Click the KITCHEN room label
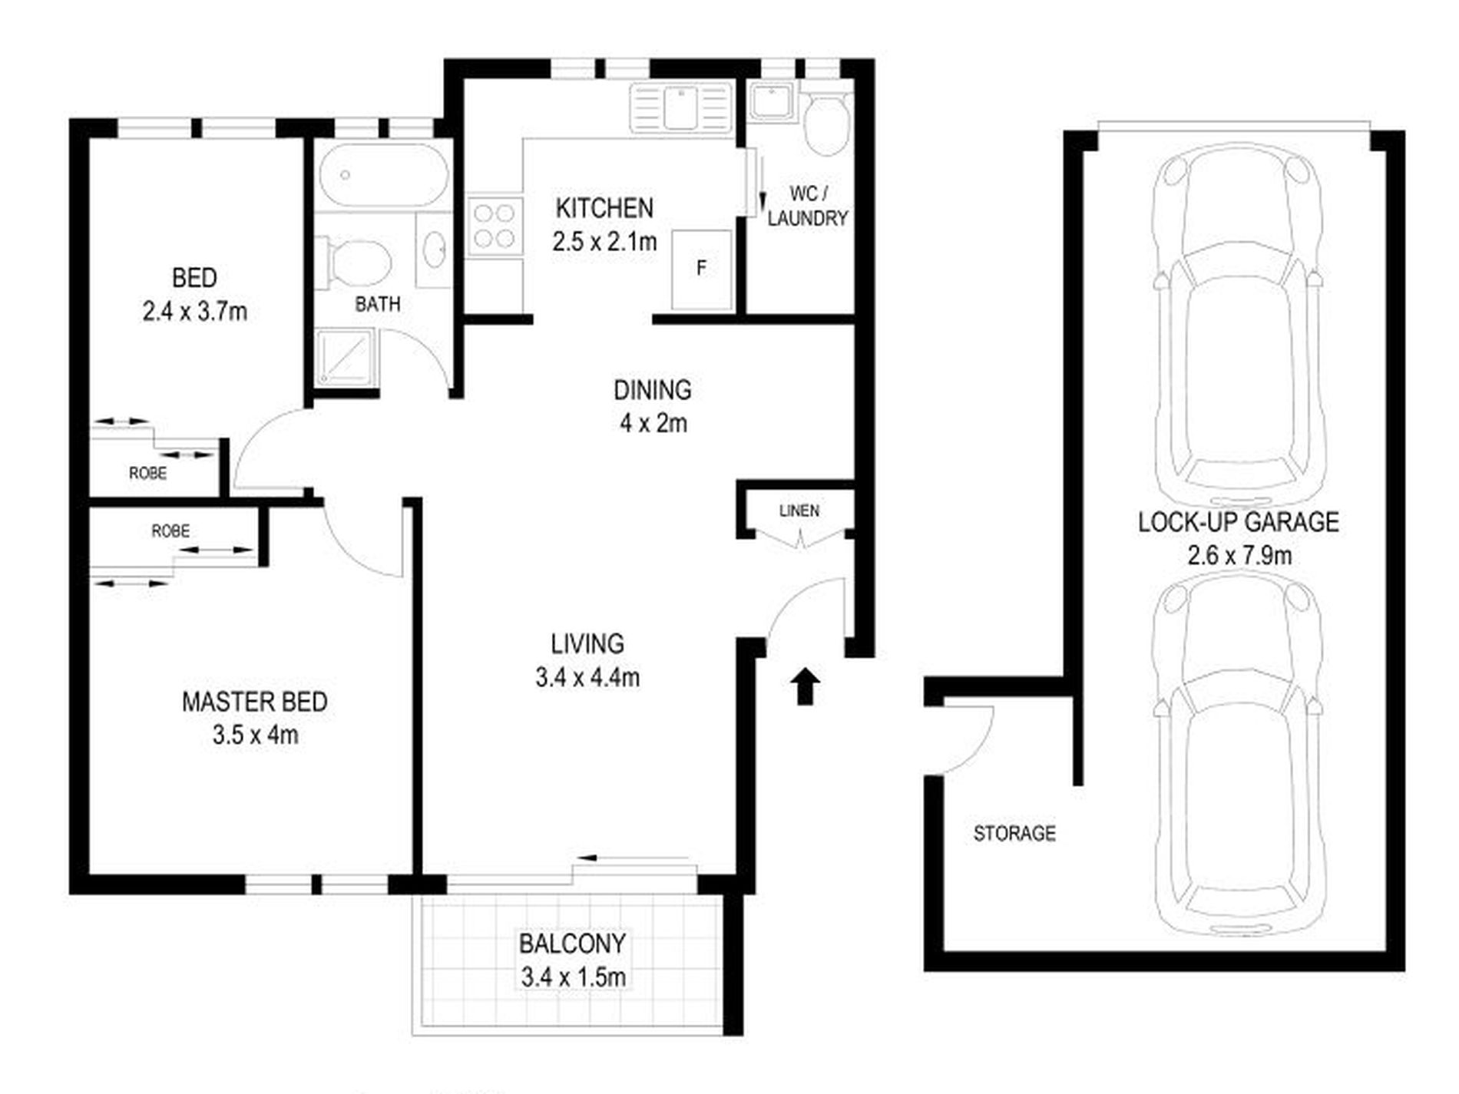tap(604, 208)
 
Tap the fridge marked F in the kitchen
tap(701, 269)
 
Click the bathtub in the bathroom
tap(383, 176)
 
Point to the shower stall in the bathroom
tap(345, 357)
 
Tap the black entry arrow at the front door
tap(805, 686)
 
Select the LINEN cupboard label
tap(799, 511)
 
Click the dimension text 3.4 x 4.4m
tap(587, 678)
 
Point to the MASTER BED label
tap(254, 702)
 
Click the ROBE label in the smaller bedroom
tap(147, 473)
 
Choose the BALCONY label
tap(572, 944)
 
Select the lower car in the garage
tap(1237, 756)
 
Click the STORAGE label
tap(1014, 833)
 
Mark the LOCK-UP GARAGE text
tap(1238, 523)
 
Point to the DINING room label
tap(652, 390)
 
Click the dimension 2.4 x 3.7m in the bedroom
tap(194, 312)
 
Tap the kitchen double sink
tap(680, 108)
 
